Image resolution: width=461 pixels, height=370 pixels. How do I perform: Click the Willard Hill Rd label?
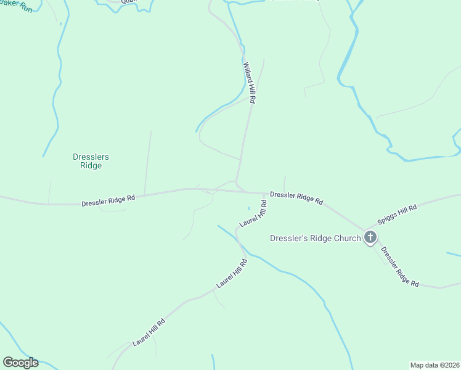pos(250,82)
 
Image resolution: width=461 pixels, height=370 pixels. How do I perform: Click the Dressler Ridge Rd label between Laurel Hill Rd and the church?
pos(296,197)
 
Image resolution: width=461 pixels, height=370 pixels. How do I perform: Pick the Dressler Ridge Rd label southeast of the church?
pos(400,267)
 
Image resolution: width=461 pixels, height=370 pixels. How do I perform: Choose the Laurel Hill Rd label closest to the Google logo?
pos(149,332)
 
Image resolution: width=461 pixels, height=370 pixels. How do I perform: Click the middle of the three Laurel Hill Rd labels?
pos(232,274)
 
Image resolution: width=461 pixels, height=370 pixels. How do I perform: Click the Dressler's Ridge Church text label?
pos(315,238)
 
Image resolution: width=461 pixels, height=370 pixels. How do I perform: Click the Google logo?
pos(20,363)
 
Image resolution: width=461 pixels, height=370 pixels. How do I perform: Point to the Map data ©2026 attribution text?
pos(435,364)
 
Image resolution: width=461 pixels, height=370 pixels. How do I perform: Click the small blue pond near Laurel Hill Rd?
pos(249,208)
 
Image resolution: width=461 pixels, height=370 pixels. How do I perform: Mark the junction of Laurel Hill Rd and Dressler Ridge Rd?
pos(267,193)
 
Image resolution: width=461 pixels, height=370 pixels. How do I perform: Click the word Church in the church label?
pos(346,238)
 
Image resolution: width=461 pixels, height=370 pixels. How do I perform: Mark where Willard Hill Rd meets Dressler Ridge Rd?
pos(237,184)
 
